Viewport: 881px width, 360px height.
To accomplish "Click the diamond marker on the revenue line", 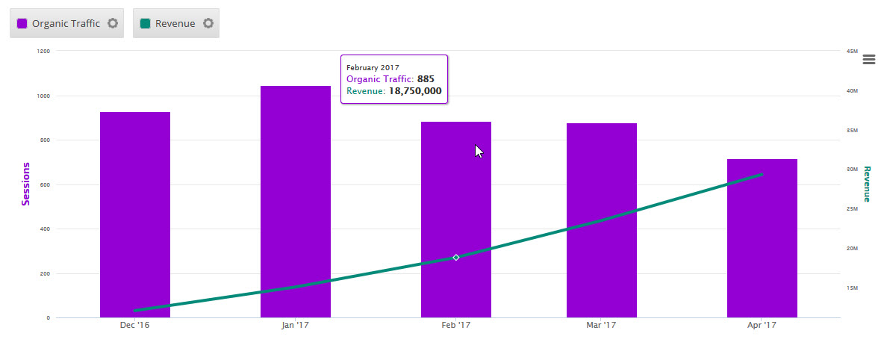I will point(456,258).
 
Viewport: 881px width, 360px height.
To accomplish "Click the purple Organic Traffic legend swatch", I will point(22,23).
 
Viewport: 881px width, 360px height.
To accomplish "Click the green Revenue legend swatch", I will point(146,23).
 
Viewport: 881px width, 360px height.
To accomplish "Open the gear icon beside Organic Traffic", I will point(113,23).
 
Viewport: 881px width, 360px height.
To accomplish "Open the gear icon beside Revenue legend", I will point(208,23).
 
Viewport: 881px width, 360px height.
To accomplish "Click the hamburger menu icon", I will point(868,60).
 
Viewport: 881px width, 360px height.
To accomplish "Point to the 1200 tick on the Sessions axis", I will point(43,52).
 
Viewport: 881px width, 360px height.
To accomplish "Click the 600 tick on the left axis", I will point(45,185).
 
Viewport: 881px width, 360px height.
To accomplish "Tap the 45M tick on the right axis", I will point(851,52).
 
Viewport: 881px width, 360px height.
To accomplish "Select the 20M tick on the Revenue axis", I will point(851,249).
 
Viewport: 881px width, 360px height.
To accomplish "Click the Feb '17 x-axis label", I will point(456,326).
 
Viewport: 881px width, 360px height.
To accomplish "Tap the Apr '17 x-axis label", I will point(762,326).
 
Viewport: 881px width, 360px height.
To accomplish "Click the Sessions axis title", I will point(26,184).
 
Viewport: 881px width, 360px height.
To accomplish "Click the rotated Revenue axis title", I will point(867,184).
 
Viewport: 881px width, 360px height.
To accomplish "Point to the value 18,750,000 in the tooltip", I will point(415,91).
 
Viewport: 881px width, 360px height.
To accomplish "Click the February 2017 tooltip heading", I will point(373,67).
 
